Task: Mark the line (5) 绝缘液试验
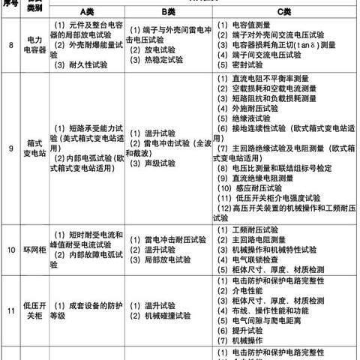247,118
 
